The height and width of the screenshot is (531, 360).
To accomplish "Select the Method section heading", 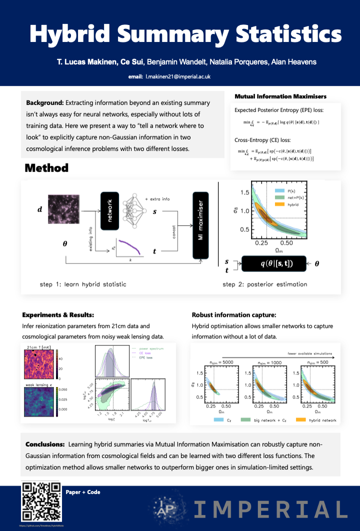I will pyautogui.click(x=46, y=168).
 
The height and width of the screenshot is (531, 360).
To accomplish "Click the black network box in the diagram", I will pyautogui.click(x=109, y=210).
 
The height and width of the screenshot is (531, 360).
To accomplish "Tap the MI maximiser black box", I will pyautogui.click(x=200, y=225).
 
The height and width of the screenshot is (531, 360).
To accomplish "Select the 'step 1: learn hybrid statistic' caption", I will pyautogui.click(x=82, y=284).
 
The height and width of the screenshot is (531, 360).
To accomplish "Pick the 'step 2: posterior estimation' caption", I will pyautogui.click(x=264, y=284).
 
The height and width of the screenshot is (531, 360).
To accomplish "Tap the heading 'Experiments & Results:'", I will pyautogui.click(x=58, y=315).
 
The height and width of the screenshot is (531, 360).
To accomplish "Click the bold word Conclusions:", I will pyautogui.click(x=45, y=444).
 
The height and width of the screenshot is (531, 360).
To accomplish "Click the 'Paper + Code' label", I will pyautogui.click(x=83, y=492).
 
